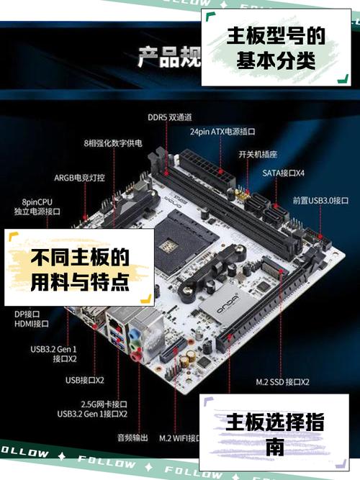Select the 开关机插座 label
258,154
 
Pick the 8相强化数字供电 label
113,143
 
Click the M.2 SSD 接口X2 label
282,381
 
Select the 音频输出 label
132,437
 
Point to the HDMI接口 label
31,324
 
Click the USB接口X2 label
84,380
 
